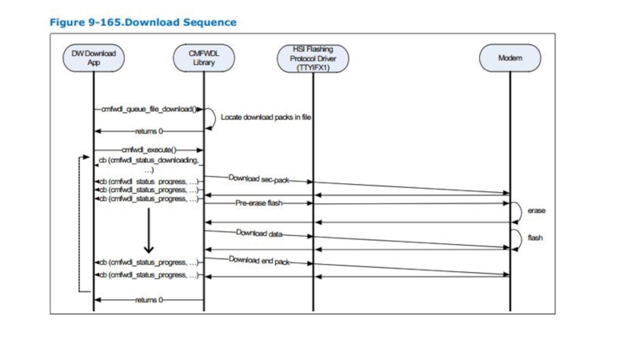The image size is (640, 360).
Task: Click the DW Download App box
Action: point(94,58)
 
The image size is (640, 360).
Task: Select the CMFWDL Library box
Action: point(204,58)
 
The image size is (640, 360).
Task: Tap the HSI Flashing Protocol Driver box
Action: point(313,58)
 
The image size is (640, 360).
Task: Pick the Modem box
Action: point(510,58)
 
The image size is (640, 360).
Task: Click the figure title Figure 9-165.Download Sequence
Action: point(143,22)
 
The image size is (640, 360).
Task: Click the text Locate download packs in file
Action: point(266,117)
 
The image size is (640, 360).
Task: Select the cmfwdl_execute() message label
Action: point(148,150)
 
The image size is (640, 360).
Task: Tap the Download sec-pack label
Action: point(258,178)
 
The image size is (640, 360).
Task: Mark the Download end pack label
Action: point(259,261)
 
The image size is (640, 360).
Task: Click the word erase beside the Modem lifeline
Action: point(536,210)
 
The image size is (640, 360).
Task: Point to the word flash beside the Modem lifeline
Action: point(535,238)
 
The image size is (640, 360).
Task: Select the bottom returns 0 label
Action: point(148,299)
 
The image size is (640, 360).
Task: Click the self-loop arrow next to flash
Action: point(518,238)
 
